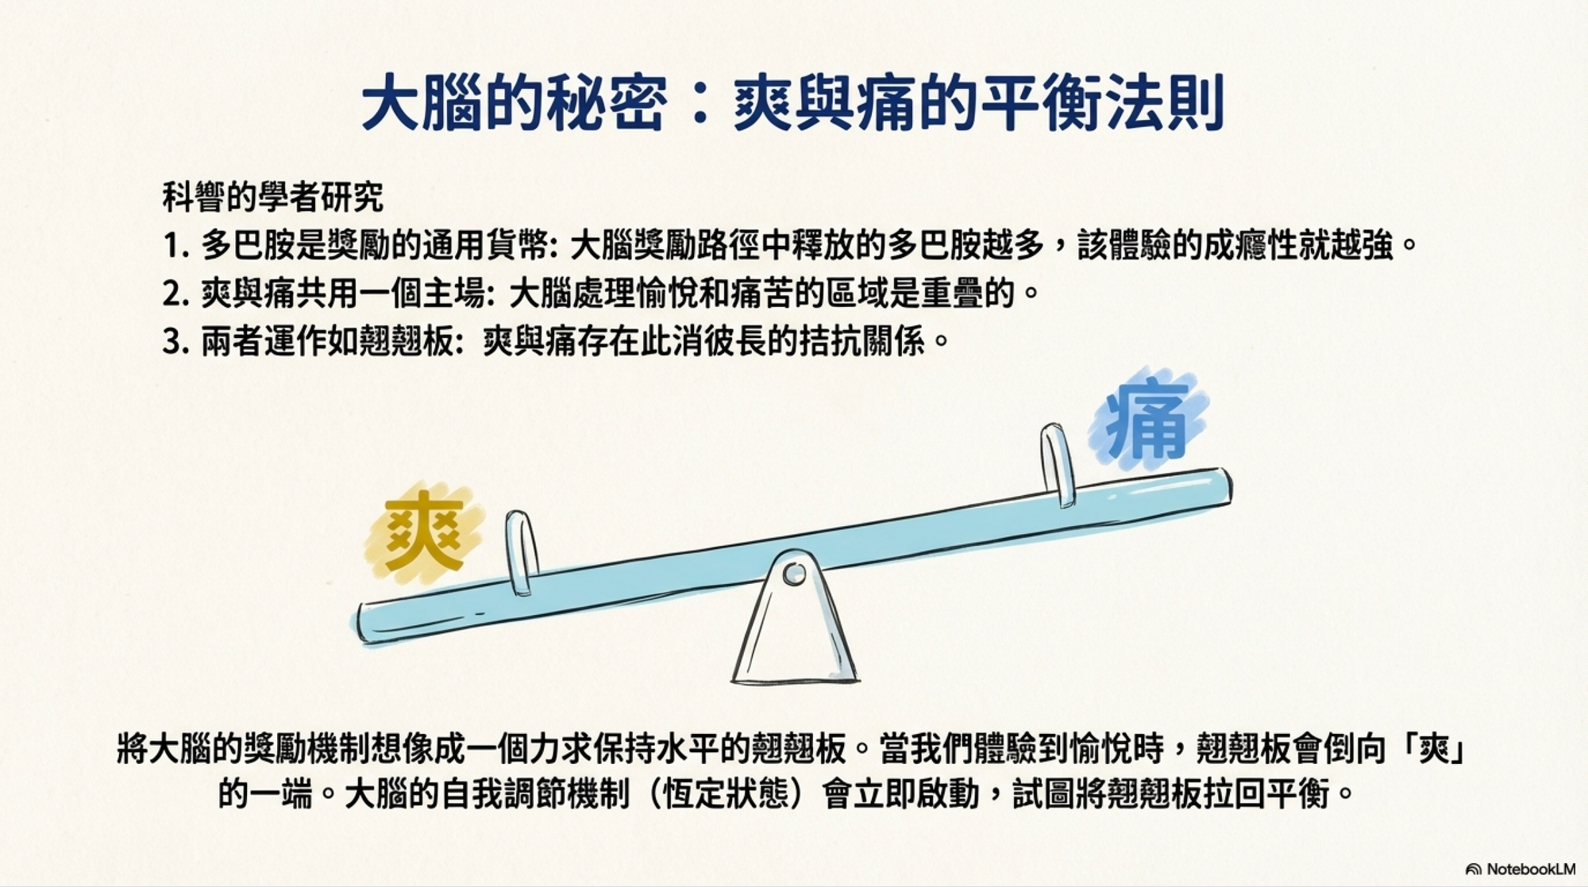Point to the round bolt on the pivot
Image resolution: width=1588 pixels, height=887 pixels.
click(793, 574)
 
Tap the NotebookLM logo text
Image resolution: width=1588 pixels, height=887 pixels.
click(1521, 870)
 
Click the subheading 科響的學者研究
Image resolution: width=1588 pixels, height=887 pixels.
click(273, 198)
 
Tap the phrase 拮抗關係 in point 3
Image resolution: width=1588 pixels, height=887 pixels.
click(862, 343)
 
